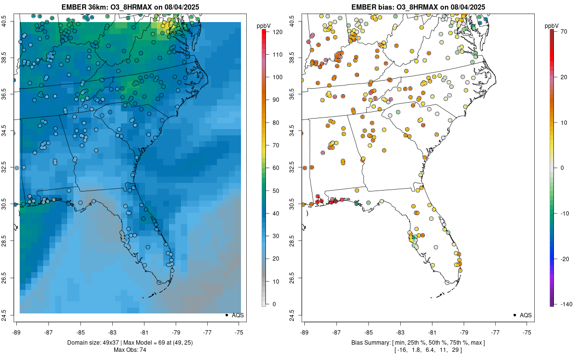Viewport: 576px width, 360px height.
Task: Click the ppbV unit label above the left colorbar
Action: [x=264, y=25]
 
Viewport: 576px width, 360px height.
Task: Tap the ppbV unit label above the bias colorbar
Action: [x=552, y=25]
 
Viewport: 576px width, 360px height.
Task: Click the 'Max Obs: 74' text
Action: [x=130, y=350]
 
